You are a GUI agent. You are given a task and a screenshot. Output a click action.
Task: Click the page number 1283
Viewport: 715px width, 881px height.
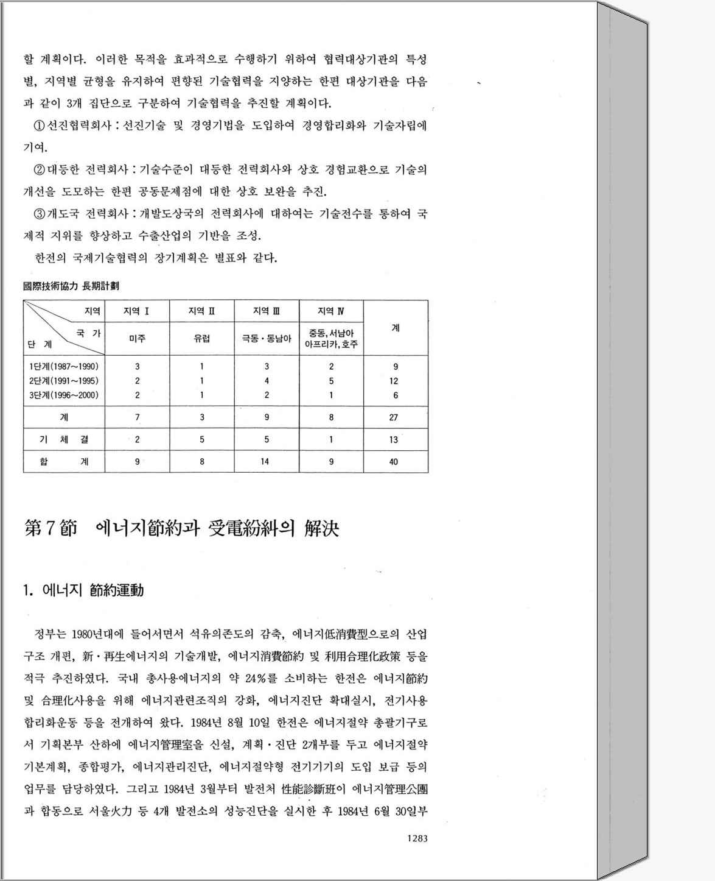point(417,838)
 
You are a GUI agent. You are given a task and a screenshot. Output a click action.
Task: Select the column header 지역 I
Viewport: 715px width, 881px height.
point(137,311)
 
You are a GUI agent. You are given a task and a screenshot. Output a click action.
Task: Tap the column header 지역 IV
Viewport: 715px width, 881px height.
point(331,311)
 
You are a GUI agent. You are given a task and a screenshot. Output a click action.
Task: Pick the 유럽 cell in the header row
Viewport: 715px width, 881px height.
point(201,338)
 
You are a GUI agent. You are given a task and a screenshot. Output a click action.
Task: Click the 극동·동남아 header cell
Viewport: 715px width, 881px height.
point(267,338)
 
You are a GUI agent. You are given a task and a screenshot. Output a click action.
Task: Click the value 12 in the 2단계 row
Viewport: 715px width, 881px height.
point(394,381)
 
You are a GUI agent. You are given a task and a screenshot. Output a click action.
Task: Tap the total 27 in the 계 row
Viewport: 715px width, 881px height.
point(394,417)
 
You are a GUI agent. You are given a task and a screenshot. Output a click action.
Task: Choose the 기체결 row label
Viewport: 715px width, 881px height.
point(64,439)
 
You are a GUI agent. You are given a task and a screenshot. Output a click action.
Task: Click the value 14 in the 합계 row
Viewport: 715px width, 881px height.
point(265,461)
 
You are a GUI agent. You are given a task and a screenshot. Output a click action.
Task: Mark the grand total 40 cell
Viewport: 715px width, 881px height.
point(394,461)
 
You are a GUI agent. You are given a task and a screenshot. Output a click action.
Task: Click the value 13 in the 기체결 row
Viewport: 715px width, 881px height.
point(394,439)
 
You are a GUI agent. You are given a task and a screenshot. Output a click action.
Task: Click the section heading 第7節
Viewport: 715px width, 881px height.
point(51,528)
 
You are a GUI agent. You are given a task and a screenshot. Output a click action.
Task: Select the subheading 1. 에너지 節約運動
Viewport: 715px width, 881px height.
point(83,590)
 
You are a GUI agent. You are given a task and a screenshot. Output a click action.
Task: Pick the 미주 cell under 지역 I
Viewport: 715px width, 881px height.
point(137,338)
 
